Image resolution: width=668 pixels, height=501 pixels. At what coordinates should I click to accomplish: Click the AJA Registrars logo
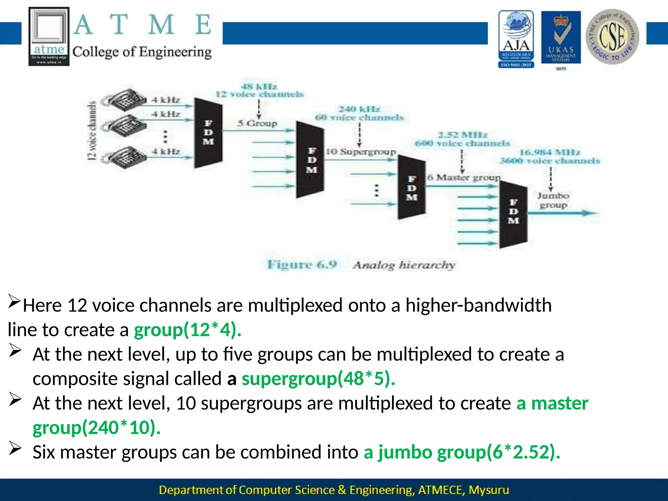coord(516,39)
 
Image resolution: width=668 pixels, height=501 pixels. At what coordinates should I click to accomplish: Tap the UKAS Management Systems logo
coord(561,38)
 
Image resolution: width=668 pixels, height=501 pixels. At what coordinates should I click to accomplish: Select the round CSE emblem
coord(612,37)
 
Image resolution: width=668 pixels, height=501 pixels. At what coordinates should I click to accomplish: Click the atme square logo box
coord(49,36)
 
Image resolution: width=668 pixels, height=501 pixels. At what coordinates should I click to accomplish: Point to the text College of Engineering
coord(142,52)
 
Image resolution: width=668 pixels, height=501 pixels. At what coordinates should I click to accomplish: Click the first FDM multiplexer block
coord(208,133)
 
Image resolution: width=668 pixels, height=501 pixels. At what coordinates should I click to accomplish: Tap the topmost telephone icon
coord(126,99)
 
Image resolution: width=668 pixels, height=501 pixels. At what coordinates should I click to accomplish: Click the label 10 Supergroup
coord(361,152)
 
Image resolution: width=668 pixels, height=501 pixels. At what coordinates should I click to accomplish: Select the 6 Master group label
coord(463,178)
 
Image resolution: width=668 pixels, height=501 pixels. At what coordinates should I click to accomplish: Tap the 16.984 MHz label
coord(550,152)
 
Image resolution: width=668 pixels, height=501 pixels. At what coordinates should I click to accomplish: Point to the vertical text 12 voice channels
coord(92,130)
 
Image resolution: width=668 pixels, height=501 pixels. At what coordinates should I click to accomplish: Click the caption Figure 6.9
coord(302,264)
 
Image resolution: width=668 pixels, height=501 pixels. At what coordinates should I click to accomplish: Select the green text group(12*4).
coord(188,330)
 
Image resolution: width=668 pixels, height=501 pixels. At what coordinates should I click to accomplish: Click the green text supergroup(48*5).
coord(318,379)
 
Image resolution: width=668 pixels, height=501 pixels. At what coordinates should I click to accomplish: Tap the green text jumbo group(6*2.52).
coord(462,452)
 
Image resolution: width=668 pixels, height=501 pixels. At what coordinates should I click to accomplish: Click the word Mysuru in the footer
coord(489,490)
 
